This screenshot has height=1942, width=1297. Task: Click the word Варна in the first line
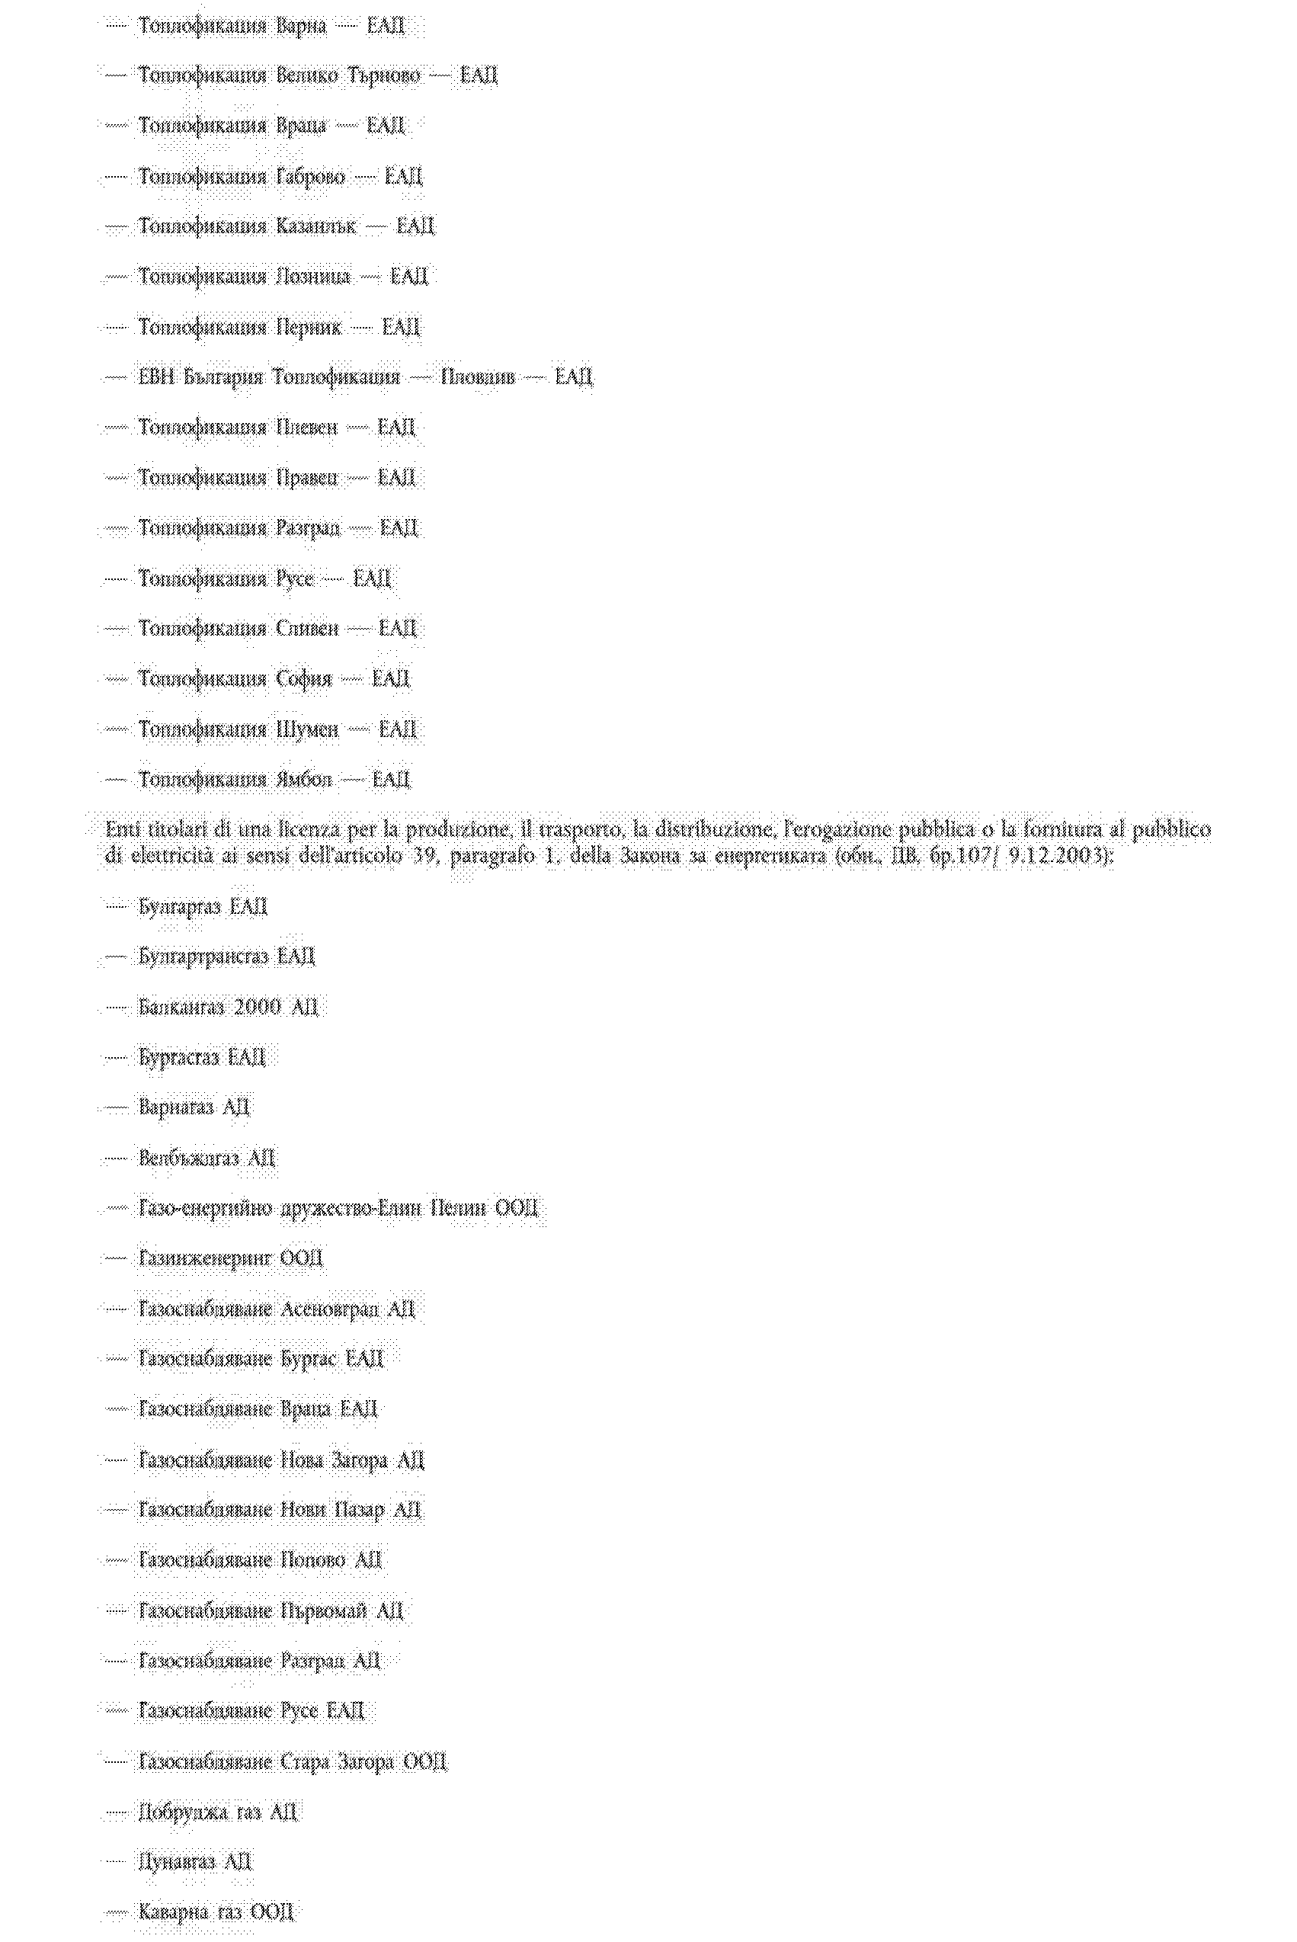301,27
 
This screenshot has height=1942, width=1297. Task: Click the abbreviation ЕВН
155,378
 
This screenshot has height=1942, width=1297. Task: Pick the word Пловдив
477,378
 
